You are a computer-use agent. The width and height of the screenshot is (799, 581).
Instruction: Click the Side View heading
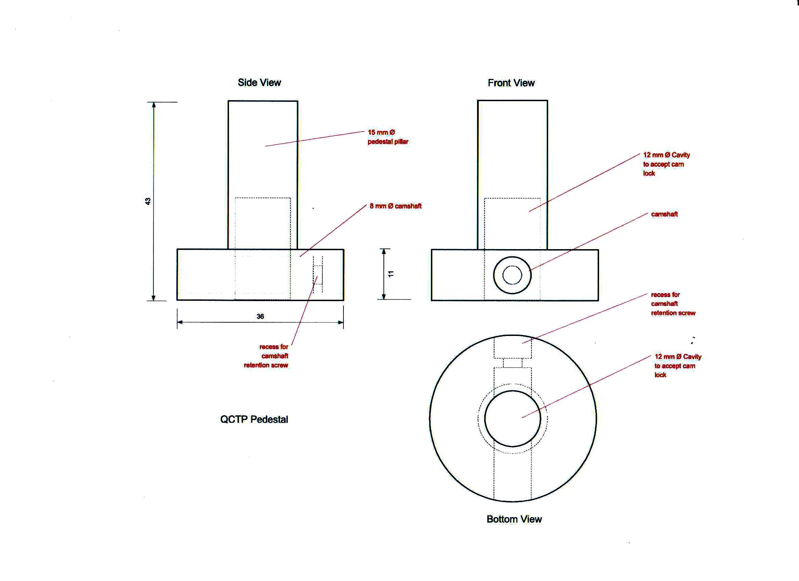259,83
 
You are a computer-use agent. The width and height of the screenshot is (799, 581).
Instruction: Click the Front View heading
511,83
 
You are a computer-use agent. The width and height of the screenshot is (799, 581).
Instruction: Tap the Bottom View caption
514,519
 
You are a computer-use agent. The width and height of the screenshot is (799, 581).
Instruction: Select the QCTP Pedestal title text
254,419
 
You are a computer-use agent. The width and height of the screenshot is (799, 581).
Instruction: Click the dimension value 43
148,201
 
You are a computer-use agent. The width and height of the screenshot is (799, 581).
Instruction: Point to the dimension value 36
260,316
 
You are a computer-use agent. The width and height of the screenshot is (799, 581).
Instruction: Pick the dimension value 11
391,274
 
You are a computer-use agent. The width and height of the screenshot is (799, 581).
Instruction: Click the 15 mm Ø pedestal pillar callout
388,137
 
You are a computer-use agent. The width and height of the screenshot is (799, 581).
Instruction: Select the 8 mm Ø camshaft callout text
395,206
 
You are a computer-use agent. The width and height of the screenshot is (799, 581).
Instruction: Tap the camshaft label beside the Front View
664,214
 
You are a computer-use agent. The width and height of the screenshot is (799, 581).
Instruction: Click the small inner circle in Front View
512,275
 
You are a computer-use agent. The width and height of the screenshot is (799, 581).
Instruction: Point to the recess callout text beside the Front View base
673,304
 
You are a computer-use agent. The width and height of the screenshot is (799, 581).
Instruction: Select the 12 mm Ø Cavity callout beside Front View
666,164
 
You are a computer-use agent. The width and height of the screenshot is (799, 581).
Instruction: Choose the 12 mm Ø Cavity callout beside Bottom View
677,366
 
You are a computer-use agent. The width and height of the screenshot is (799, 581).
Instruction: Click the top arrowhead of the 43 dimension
153,105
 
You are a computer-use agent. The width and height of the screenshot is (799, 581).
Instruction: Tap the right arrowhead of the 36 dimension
341,322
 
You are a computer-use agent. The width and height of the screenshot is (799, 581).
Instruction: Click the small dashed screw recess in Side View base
318,275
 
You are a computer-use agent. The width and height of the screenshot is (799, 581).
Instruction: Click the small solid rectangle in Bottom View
513,363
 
